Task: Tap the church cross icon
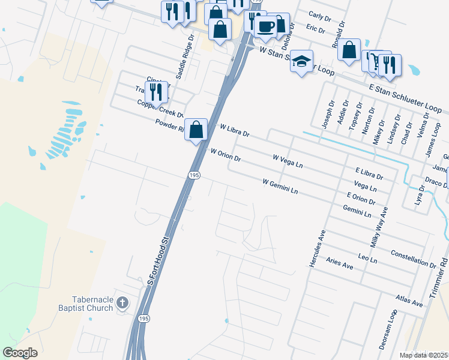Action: click(122, 302)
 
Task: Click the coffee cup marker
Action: click(265, 26)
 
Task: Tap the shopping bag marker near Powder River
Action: click(196, 130)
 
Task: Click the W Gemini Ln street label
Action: click(280, 186)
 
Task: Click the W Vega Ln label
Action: click(288, 160)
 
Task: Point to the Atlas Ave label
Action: click(410, 301)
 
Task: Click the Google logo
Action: click(20, 353)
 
